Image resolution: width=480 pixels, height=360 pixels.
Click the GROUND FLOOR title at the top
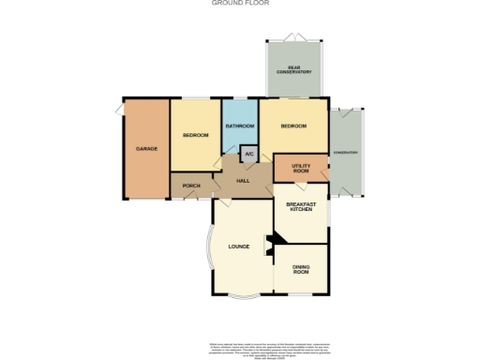tap(241, 4)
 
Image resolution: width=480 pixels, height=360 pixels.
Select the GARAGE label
tap(145, 149)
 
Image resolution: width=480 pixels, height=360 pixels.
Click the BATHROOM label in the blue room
tap(240, 126)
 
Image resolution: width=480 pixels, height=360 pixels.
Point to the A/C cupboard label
tap(248, 154)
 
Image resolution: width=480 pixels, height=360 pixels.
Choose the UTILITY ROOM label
tap(300, 168)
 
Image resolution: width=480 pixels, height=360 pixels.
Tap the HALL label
tap(242, 180)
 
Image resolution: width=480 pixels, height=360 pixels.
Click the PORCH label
tap(191, 186)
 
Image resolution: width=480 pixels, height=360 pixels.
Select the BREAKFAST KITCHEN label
tap(300, 207)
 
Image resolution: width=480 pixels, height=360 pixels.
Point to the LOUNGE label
tap(238, 247)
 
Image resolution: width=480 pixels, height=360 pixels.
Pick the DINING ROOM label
tap(300, 271)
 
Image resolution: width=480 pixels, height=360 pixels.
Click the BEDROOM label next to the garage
tap(195, 136)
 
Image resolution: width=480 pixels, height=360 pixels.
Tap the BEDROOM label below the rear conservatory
tap(293, 126)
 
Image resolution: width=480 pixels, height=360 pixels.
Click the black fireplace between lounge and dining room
tap(270, 246)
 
